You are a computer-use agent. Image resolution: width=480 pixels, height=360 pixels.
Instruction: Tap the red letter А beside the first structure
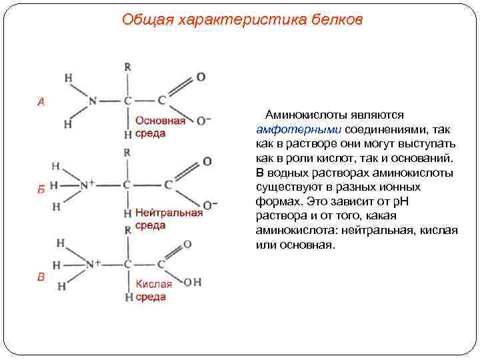tap(41, 102)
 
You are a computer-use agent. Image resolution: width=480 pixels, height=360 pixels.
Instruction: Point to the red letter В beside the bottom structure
tap(41, 277)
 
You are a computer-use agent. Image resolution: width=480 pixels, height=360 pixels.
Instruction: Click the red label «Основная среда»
tap(160, 127)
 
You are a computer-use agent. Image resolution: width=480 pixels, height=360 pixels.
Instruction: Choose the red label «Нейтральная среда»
tap(168, 219)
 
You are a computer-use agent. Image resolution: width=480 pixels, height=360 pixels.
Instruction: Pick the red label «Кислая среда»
tap(153, 290)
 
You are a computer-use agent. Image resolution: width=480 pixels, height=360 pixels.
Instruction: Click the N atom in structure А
tap(92, 101)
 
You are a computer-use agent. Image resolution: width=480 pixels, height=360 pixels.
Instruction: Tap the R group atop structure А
tap(127, 67)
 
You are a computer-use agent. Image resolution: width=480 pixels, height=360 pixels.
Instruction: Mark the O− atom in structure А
tap(204, 121)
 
